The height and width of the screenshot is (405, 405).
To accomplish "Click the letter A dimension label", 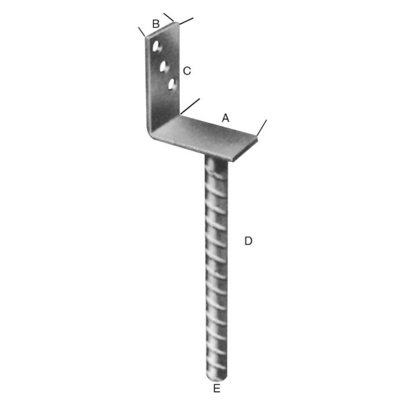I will pos(226,117).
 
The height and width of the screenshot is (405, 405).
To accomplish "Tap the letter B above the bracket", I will pos(156,24).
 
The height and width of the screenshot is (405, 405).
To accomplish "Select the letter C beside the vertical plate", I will pos(186,71).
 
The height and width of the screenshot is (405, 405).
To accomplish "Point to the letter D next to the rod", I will pos(248,241).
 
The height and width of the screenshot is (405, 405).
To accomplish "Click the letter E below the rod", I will pos(216,388).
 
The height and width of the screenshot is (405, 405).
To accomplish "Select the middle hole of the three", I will pos(164,67).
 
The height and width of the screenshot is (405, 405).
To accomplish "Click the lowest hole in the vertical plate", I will pos(172,85).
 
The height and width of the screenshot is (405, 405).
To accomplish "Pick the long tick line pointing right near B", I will pos(185,21).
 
